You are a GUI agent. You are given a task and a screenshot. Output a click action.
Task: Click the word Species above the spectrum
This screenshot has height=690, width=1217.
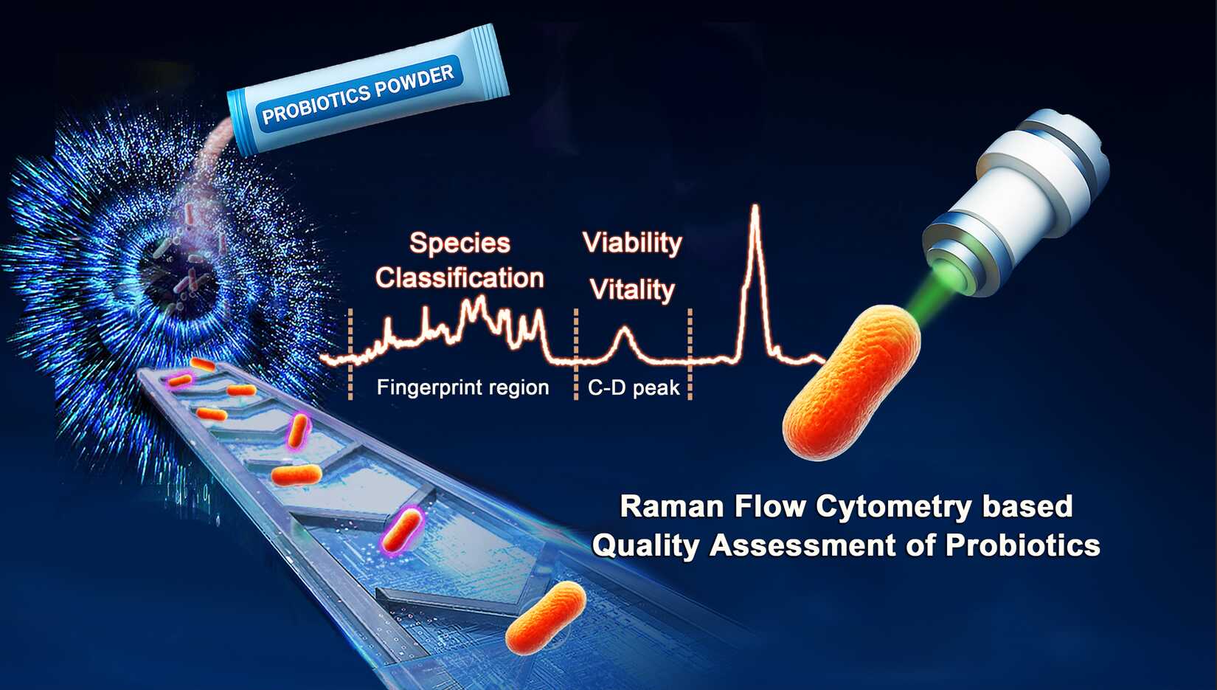tap(460, 243)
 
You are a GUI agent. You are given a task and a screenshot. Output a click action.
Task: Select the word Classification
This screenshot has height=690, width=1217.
tap(460, 278)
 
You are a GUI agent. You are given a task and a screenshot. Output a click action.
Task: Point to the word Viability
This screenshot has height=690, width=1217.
tap(632, 243)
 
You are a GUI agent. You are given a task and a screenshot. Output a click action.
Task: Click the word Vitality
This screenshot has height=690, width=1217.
tap(632, 289)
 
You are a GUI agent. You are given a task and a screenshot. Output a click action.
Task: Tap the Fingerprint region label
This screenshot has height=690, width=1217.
tap(463, 387)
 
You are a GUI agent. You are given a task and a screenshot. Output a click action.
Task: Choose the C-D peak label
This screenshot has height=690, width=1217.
tap(634, 387)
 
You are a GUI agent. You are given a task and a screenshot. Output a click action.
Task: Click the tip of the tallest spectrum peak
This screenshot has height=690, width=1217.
tap(755, 206)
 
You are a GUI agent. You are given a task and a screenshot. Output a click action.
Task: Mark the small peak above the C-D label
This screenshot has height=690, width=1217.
tap(625, 328)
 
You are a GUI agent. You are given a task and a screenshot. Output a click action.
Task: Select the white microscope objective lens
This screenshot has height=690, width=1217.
tap(1015, 201)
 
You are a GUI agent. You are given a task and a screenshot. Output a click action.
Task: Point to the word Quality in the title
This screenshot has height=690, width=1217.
tap(645, 545)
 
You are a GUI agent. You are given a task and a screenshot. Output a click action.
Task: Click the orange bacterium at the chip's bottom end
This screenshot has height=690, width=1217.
tap(546, 618)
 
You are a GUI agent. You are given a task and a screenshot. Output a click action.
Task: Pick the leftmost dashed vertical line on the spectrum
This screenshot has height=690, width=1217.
tap(350, 354)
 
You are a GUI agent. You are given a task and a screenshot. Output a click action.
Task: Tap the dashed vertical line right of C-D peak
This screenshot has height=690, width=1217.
tap(690, 354)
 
